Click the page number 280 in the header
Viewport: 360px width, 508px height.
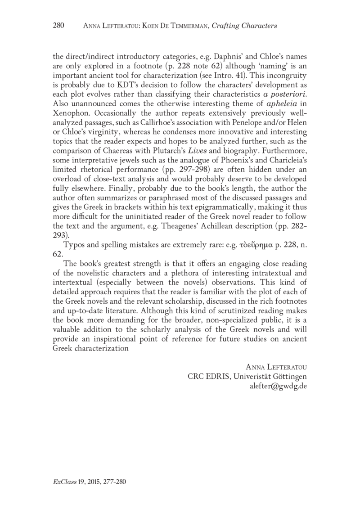[x=59, y=26]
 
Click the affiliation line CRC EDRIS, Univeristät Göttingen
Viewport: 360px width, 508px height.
[x=247, y=377]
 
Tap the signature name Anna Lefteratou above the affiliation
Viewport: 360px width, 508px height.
[x=275, y=368]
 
